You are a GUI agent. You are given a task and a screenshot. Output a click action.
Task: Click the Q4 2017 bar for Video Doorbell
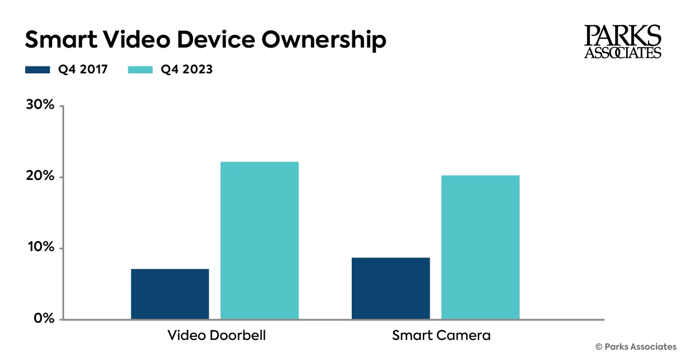coord(170,294)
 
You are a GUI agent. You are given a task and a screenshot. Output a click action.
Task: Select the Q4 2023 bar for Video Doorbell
coord(260,241)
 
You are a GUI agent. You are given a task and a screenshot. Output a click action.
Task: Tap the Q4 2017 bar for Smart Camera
coord(391,288)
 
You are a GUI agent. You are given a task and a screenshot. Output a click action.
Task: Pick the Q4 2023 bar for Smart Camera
coord(480,248)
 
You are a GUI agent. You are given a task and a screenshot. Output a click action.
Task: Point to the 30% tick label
coord(40,105)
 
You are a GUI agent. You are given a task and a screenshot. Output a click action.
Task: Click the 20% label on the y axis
coord(40,177)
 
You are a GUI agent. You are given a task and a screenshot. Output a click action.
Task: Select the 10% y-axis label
coord(40,248)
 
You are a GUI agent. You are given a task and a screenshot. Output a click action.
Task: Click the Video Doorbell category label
coord(217,335)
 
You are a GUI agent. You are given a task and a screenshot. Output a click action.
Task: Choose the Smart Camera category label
coord(441,335)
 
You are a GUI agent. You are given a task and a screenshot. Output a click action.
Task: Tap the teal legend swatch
coord(140,70)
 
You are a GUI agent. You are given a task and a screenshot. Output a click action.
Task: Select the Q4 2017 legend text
coord(84,70)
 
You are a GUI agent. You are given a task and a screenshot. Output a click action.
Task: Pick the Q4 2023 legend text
coord(187,70)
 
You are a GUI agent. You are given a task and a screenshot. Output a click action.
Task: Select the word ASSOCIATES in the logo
coord(623,53)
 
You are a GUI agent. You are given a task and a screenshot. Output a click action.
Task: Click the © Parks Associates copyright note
coord(636,347)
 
